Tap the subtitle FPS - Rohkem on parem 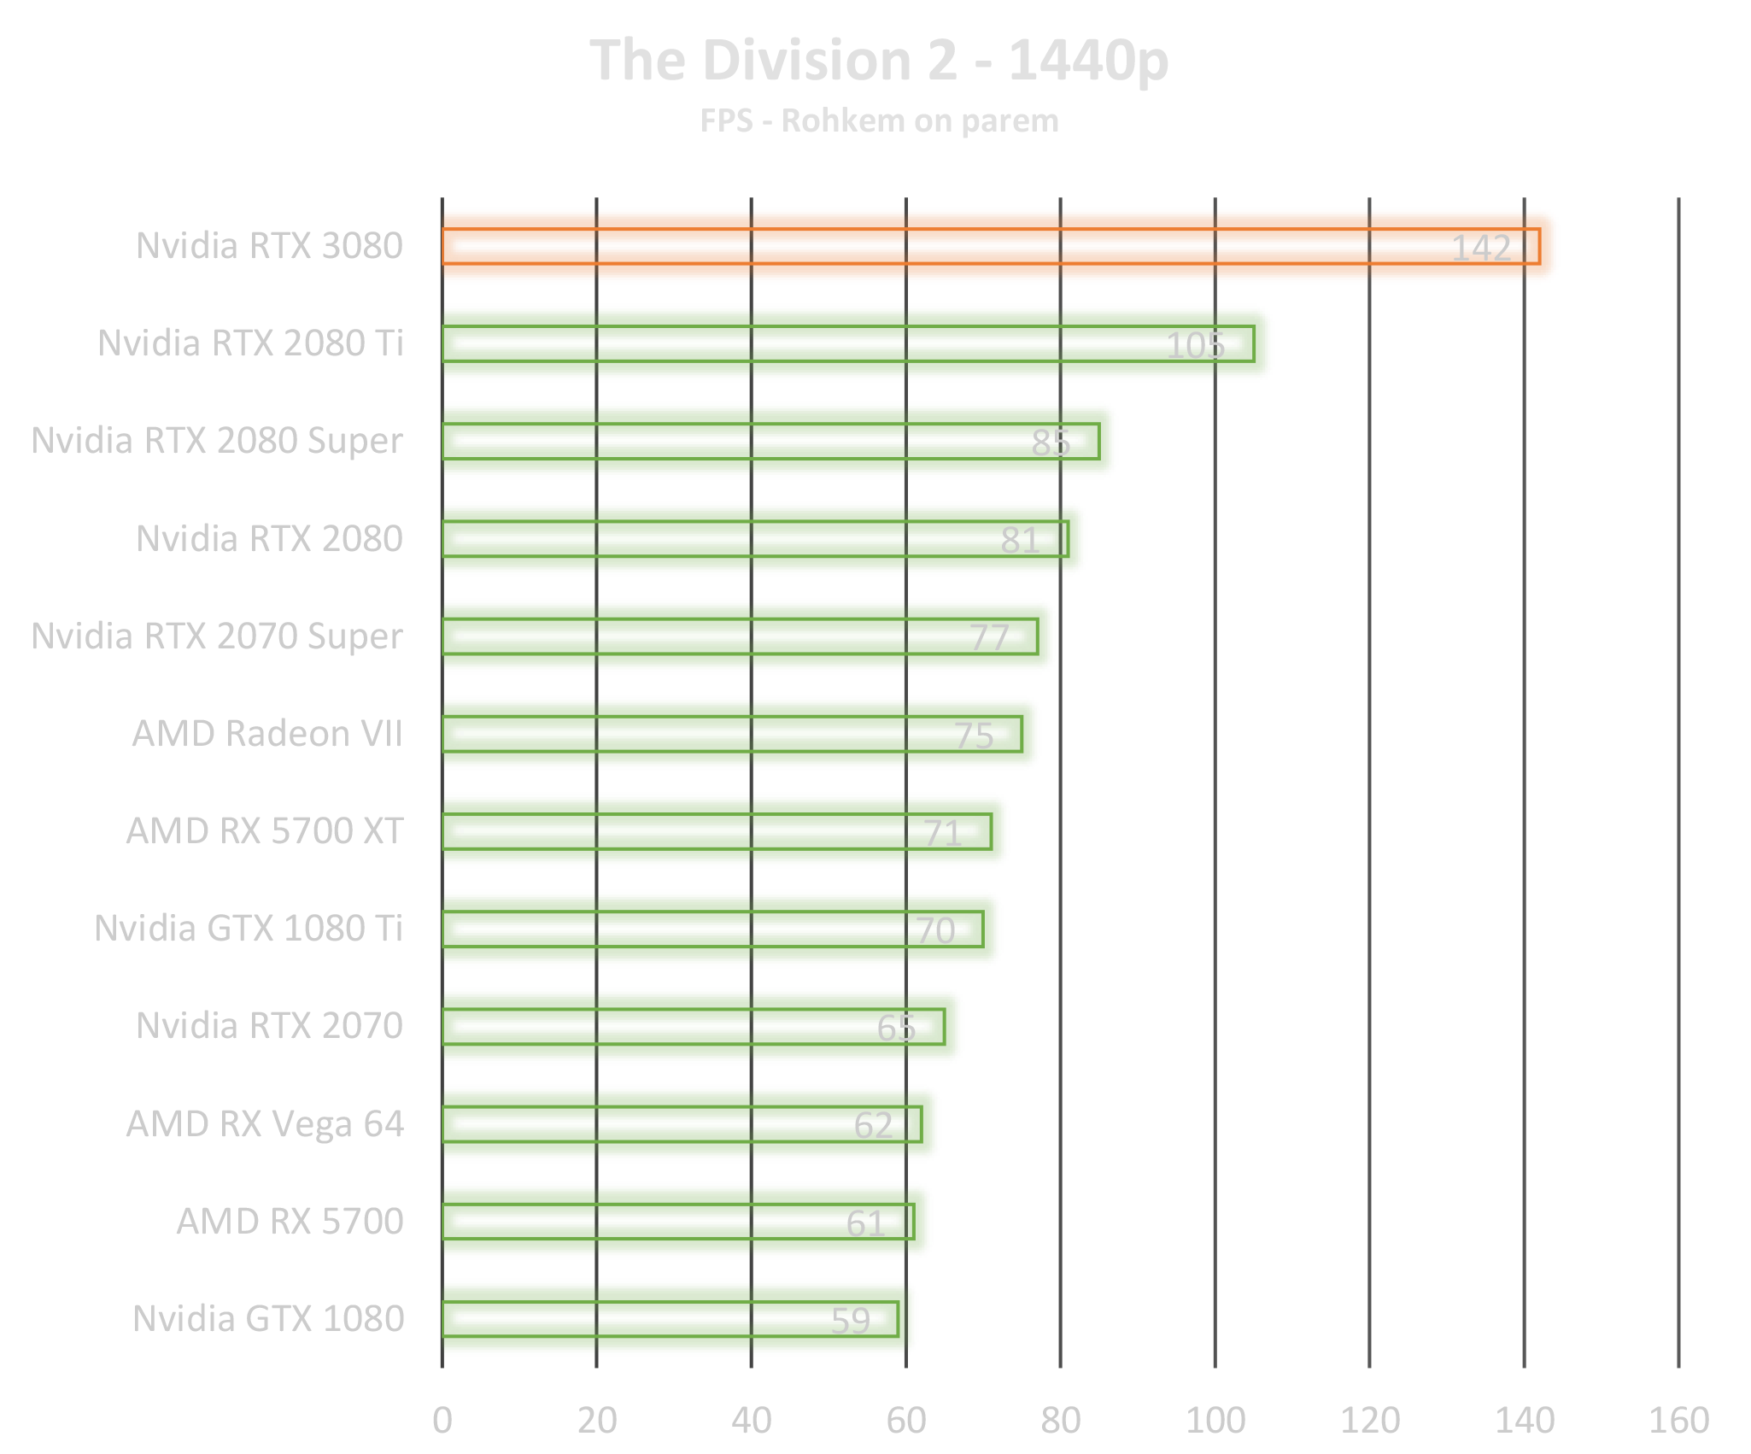tap(879, 121)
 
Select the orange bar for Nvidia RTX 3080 tap(940, 246)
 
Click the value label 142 tap(1481, 249)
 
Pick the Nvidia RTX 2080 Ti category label tap(250, 343)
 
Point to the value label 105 tap(1195, 346)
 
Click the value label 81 tap(1020, 541)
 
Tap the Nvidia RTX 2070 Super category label tap(218, 636)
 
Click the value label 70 tap(935, 931)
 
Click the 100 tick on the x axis tap(1215, 1421)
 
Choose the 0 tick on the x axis tap(442, 1421)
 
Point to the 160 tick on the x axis tap(1678, 1421)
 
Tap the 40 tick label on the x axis tap(751, 1421)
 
